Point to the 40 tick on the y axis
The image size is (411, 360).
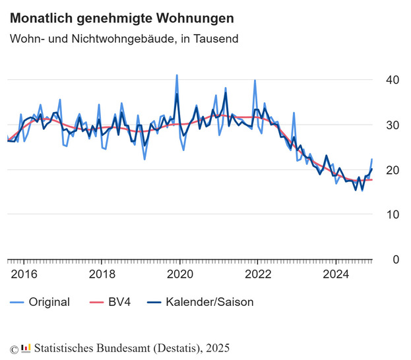pyautogui.click(x=393, y=80)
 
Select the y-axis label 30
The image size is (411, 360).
pyautogui.click(x=393, y=125)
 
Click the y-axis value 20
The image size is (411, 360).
pyautogui.click(x=393, y=169)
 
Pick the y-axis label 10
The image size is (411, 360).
pyautogui.click(x=393, y=214)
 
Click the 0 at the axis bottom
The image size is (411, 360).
pyautogui.click(x=396, y=259)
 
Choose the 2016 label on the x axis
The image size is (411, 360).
pyautogui.click(x=24, y=274)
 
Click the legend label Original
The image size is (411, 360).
pyautogui.click(x=49, y=302)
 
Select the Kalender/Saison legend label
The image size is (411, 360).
pyautogui.click(x=210, y=302)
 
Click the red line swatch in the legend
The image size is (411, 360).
pyautogui.click(x=96, y=302)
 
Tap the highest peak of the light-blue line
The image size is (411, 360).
pyautogui.click(x=176, y=75)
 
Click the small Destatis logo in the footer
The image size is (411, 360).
pyautogui.click(x=26, y=347)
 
